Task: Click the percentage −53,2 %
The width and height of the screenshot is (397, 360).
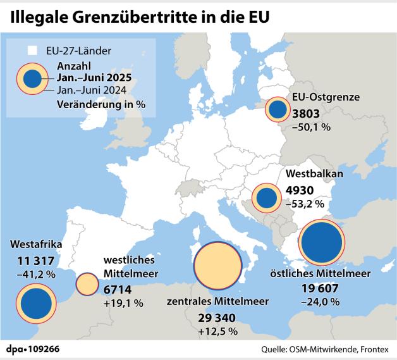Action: [305, 204]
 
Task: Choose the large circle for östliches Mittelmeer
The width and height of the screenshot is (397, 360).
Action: [322, 243]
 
